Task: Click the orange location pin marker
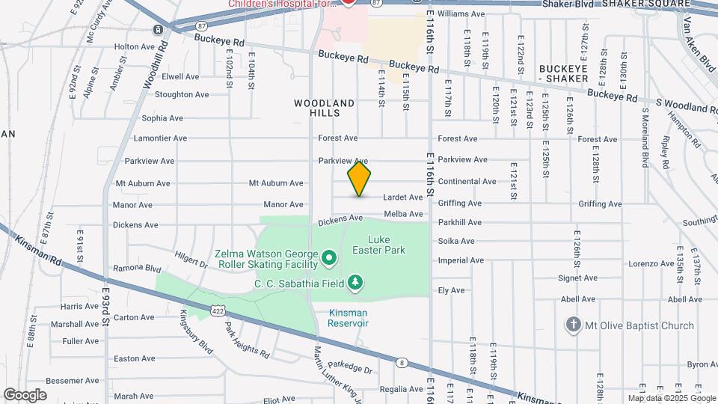(x=360, y=179)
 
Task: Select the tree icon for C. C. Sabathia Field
(x=357, y=282)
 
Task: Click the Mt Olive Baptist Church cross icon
(x=573, y=325)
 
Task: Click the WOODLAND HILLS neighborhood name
(x=324, y=108)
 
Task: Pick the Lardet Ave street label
(x=403, y=198)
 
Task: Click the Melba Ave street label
(x=404, y=215)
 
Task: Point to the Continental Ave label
(x=467, y=181)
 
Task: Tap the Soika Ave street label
(x=456, y=241)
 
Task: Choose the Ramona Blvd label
(x=137, y=268)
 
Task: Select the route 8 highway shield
(x=402, y=363)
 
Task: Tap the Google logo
(x=25, y=394)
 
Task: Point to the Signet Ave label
(x=577, y=278)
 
